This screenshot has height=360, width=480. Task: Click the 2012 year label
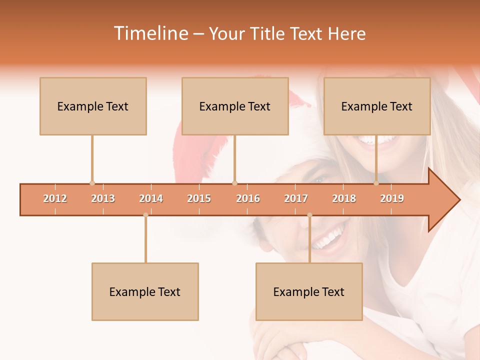pyautogui.click(x=55, y=198)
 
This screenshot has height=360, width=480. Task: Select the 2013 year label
pyautogui.click(x=103, y=198)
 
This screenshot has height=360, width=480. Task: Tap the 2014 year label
pyautogui.click(x=151, y=198)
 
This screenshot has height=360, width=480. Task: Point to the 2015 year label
pyautogui.click(x=199, y=198)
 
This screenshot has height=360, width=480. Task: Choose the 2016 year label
pyautogui.click(x=248, y=198)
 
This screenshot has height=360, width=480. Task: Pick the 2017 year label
pyautogui.click(x=296, y=198)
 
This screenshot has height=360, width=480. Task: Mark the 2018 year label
pyautogui.click(x=344, y=198)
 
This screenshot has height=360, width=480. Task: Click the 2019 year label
pyautogui.click(x=392, y=198)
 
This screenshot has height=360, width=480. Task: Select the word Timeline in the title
pyautogui.click(x=150, y=33)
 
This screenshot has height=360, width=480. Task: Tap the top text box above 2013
pyautogui.click(x=93, y=106)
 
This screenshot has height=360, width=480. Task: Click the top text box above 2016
pyautogui.click(x=235, y=106)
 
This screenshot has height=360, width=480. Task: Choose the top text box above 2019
pyautogui.click(x=377, y=106)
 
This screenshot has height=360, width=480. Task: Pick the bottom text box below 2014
pyautogui.click(x=145, y=291)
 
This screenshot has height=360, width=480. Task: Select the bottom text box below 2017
pyautogui.click(x=309, y=291)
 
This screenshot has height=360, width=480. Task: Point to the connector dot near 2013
pyautogui.click(x=92, y=183)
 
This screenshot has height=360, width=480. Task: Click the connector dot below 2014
pyautogui.click(x=145, y=215)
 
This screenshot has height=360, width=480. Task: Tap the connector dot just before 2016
pyautogui.click(x=234, y=183)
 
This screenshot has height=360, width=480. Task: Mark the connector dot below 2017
pyautogui.click(x=309, y=215)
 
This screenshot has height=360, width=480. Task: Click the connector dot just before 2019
pyautogui.click(x=376, y=183)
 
